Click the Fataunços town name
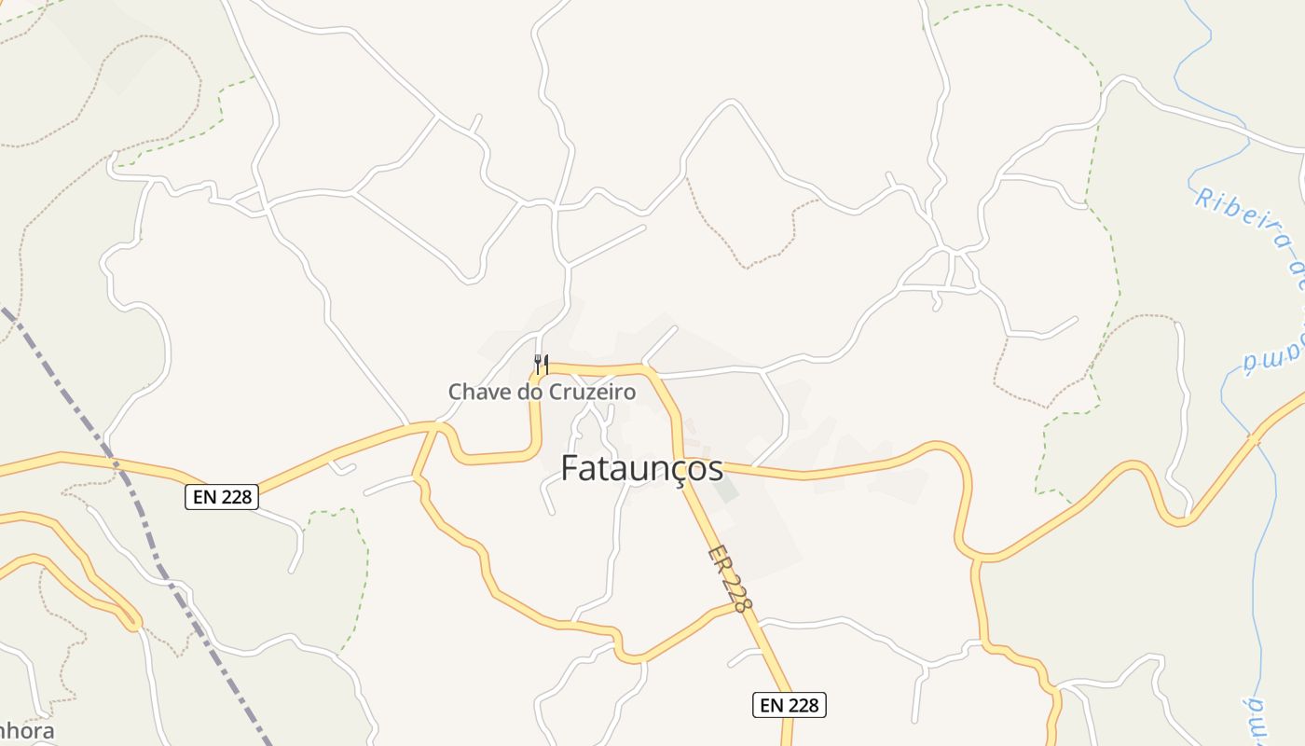point(641,468)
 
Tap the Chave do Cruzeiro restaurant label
point(542,392)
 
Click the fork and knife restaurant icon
point(541,364)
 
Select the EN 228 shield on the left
point(221,497)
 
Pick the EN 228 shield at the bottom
point(789,705)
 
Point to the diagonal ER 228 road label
point(729,579)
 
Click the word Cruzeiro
point(591,392)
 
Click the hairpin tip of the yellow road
point(136,622)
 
